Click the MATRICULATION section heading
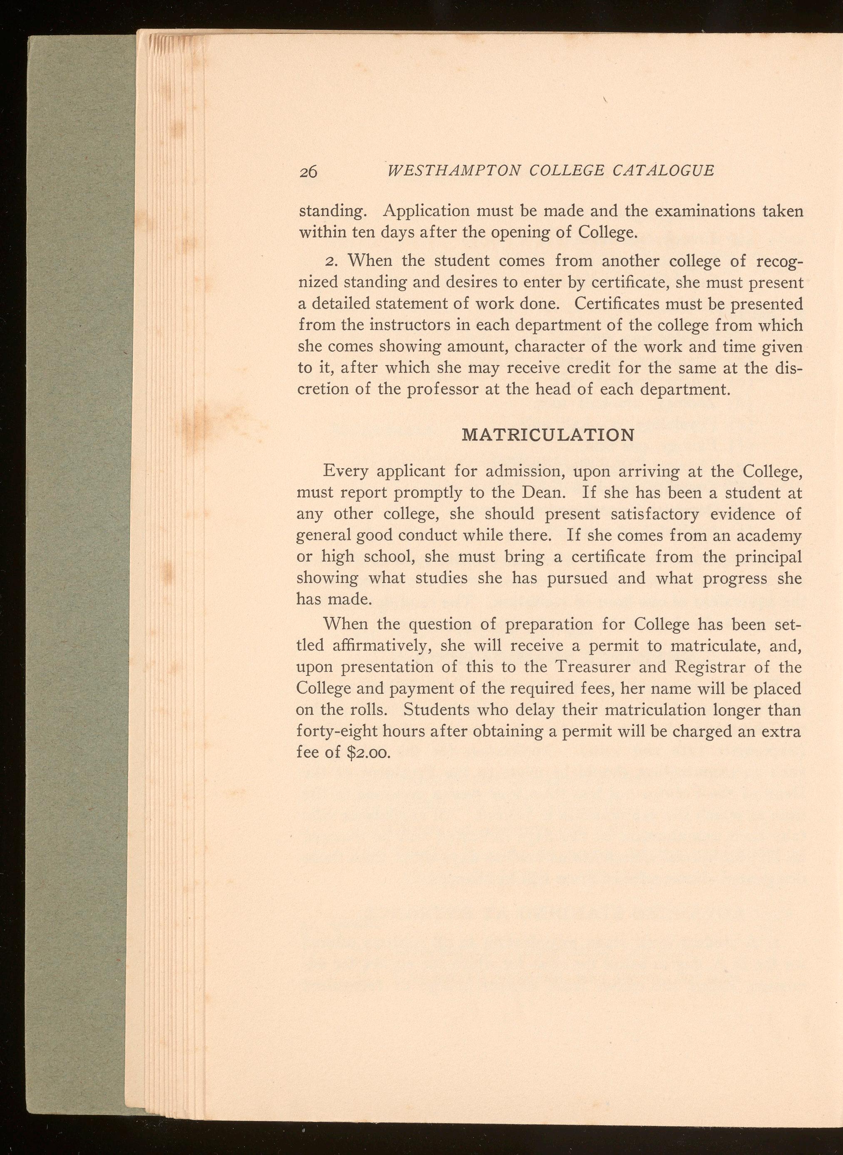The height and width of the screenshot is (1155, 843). click(x=548, y=435)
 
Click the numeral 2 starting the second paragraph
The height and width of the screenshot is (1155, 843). click(x=329, y=261)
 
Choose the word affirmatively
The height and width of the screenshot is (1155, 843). click(x=382, y=646)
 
